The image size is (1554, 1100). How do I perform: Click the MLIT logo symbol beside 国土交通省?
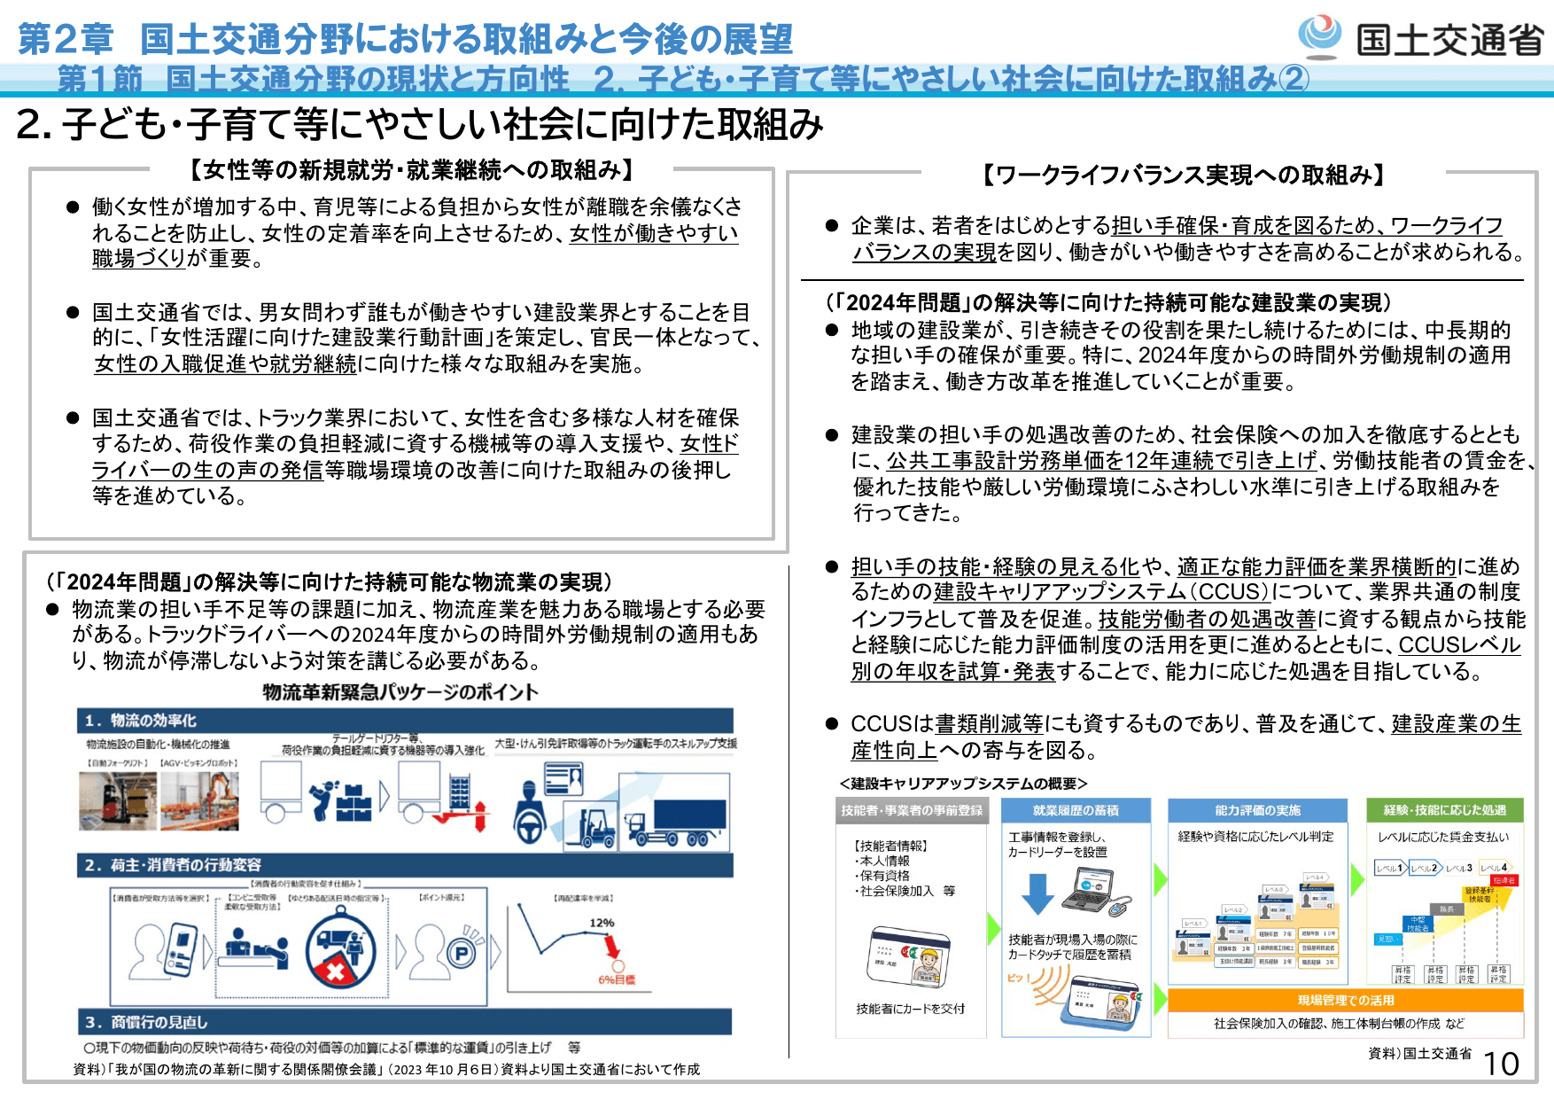click(1320, 35)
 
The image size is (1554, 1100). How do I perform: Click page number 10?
click(1501, 1064)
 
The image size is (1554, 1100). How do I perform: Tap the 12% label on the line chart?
click(602, 923)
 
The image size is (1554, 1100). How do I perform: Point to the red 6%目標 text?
click(617, 979)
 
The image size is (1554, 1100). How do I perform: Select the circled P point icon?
click(461, 954)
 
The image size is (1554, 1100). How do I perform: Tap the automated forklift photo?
click(117, 800)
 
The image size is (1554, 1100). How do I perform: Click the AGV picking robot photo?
click(199, 800)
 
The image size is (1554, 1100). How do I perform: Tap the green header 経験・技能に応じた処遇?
click(1444, 810)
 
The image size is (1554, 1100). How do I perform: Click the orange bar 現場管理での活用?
click(1346, 1000)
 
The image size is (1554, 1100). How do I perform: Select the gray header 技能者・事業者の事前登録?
click(912, 810)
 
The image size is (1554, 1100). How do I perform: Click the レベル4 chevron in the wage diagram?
click(1493, 868)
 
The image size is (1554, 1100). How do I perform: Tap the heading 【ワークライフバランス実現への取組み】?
click(1183, 175)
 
